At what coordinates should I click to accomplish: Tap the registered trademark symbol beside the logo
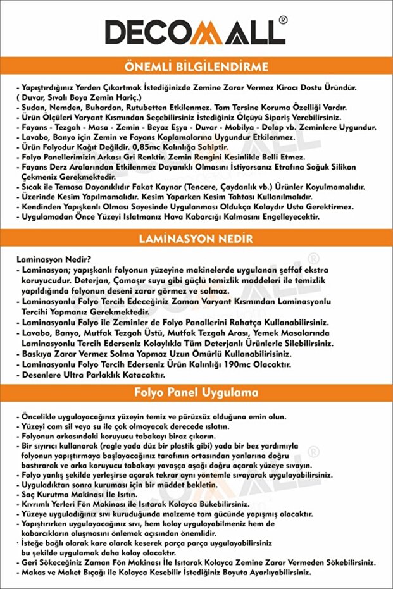[x=283, y=20]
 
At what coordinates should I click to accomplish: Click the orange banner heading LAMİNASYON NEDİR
[x=196, y=239]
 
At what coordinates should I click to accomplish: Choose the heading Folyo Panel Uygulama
[x=196, y=392]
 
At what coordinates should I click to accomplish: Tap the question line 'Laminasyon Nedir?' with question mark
[x=54, y=258]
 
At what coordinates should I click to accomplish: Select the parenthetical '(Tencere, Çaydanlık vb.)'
[x=232, y=187]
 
